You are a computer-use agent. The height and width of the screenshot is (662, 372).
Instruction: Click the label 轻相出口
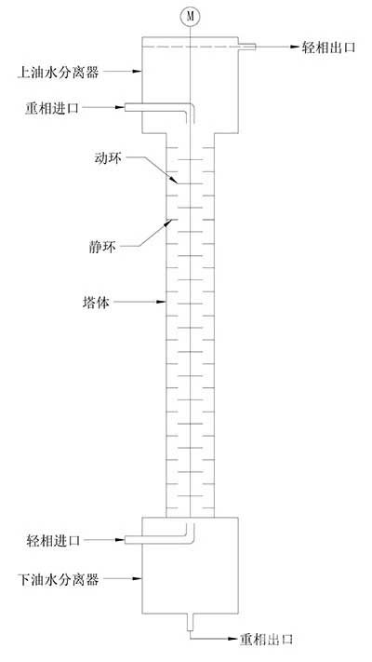[329, 47]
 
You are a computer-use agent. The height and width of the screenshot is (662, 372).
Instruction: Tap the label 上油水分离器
[58, 73]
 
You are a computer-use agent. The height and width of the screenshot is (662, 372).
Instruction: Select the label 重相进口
[52, 108]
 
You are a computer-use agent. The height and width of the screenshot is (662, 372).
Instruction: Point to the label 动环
[108, 158]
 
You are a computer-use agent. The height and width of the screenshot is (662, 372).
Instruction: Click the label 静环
[102, 247]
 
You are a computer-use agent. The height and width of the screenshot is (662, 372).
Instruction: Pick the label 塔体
[96, 303]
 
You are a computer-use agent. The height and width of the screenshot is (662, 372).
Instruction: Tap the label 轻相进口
[53, 540]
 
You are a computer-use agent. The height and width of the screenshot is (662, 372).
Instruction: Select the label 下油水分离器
[58, 579]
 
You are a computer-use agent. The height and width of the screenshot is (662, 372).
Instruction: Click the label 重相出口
[267, 640]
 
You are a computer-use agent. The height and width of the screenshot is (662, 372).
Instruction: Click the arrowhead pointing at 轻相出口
[295, 47]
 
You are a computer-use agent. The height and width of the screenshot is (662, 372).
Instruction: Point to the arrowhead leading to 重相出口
[232, 639]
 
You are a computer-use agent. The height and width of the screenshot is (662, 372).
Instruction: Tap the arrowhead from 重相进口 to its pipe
[120, 108]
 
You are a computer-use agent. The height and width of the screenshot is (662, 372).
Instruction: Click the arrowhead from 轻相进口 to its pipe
[120, 540]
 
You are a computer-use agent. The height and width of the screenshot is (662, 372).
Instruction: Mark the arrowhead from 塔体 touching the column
[161, 302]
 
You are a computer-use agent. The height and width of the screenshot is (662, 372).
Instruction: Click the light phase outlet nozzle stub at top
[247, 47]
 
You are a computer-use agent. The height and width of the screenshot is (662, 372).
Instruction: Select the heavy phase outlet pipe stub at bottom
[191, 622]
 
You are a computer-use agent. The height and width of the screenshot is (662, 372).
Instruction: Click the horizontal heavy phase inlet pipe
[155, 108]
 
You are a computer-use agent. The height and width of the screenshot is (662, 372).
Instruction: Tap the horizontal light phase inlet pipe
[155, 540]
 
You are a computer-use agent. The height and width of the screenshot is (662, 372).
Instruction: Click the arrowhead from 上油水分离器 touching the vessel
[137, 72]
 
